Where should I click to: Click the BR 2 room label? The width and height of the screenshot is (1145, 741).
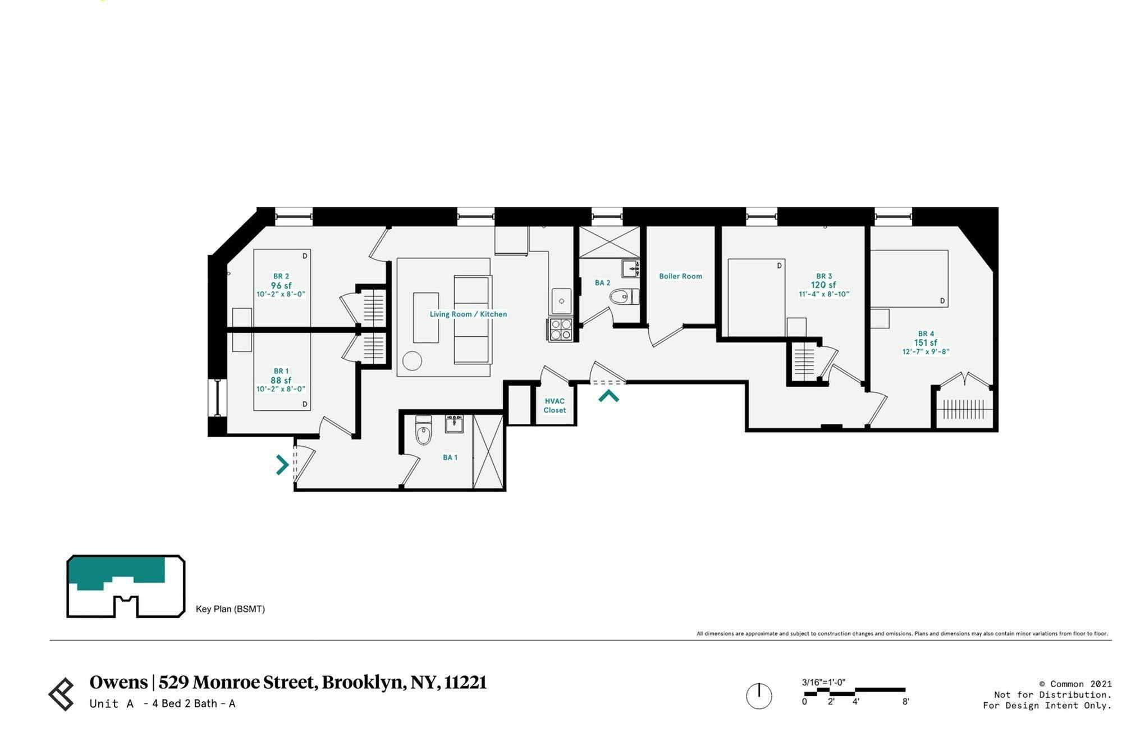coord(281,276)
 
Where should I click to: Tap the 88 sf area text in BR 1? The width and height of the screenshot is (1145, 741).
coord(281,381)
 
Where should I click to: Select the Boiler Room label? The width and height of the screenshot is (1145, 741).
coord(680,276)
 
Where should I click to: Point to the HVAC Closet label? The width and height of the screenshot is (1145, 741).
coord(555,405)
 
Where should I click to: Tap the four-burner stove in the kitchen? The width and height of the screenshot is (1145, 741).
coord(561,329)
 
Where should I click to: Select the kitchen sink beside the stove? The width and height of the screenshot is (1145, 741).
coord(561,301)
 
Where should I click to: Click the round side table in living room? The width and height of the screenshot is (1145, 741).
coord(412,361)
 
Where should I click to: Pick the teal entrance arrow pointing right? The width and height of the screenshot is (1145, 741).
coord(282,465)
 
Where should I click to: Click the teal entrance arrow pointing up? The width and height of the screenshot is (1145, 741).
coord(608,396)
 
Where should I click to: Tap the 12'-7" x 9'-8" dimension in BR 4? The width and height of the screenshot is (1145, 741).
coord(926,352)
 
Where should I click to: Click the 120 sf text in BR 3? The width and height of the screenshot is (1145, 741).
coord(823,285)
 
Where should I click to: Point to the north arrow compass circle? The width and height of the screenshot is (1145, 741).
coord(759,696)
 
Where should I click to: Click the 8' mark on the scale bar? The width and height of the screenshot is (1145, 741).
coord(905,702)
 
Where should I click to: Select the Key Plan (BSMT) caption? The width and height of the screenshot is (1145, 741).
coord(230,609)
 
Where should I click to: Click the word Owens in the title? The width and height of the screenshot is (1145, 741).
coord(118,682)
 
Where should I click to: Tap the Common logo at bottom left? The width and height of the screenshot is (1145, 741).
coord(62,694)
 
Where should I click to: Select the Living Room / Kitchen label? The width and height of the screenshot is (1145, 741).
coord(468,314)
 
